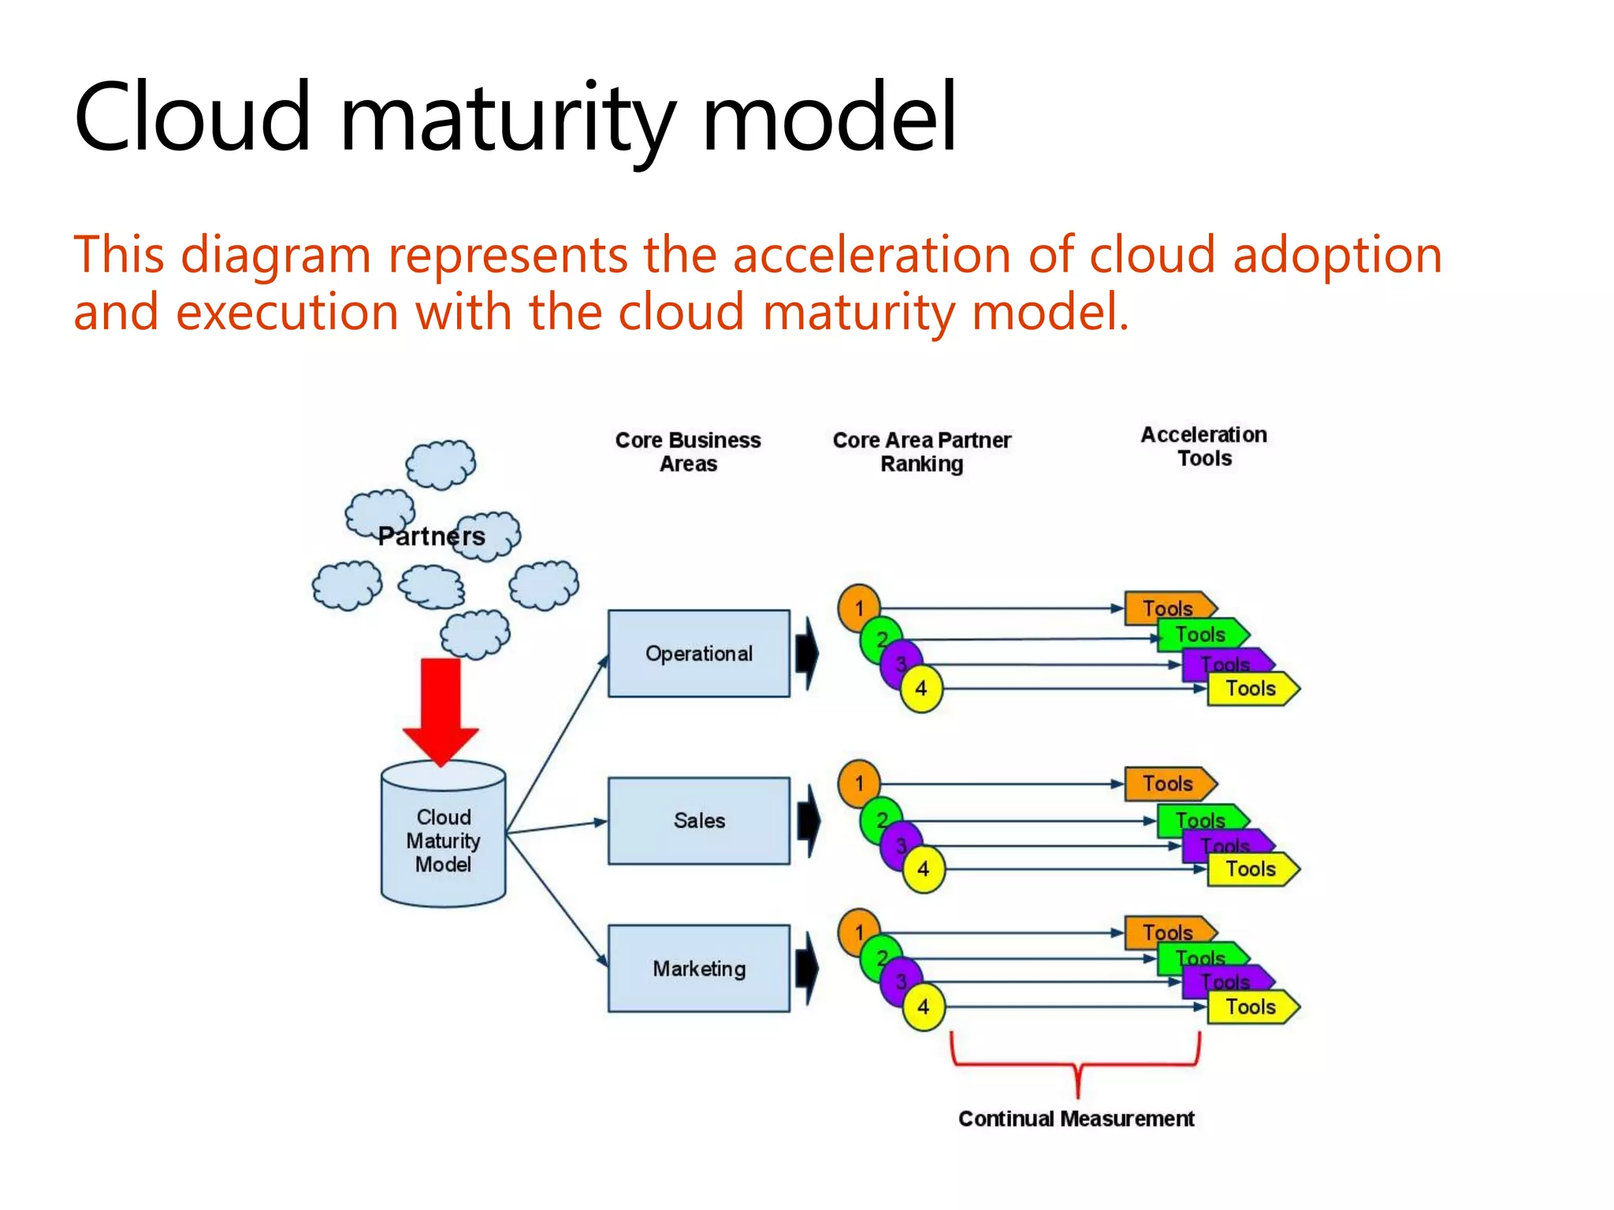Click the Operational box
point(698,653)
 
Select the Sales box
point(698,821)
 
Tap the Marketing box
point(698,968)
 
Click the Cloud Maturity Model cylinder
point(443,840)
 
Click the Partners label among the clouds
point(431,536)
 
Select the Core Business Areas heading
point(688,451)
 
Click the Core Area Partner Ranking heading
point(921,451)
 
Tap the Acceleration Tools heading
point(1203,447)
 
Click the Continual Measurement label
point(1076,1119)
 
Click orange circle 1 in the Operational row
point(858,608)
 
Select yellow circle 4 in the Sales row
point(923,870)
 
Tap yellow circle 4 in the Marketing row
point(923,1007)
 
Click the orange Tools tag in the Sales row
point(1169,784)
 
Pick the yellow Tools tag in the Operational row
point(1251,689)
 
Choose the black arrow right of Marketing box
point(807,969)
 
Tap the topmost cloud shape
point(441,464)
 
